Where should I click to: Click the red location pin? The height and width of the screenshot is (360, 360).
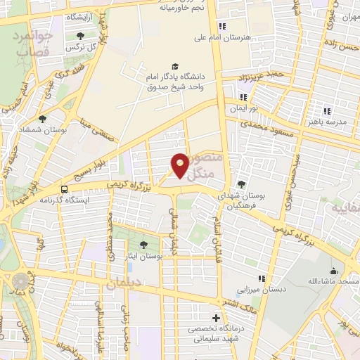click(180, 165)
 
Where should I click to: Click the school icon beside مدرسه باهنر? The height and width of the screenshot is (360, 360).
click(327, 110)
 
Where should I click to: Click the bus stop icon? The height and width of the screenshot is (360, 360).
click(65, 188)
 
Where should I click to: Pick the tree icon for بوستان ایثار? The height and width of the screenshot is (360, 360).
click(144, 245)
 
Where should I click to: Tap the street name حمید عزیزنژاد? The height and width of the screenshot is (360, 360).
click(260, 73)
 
